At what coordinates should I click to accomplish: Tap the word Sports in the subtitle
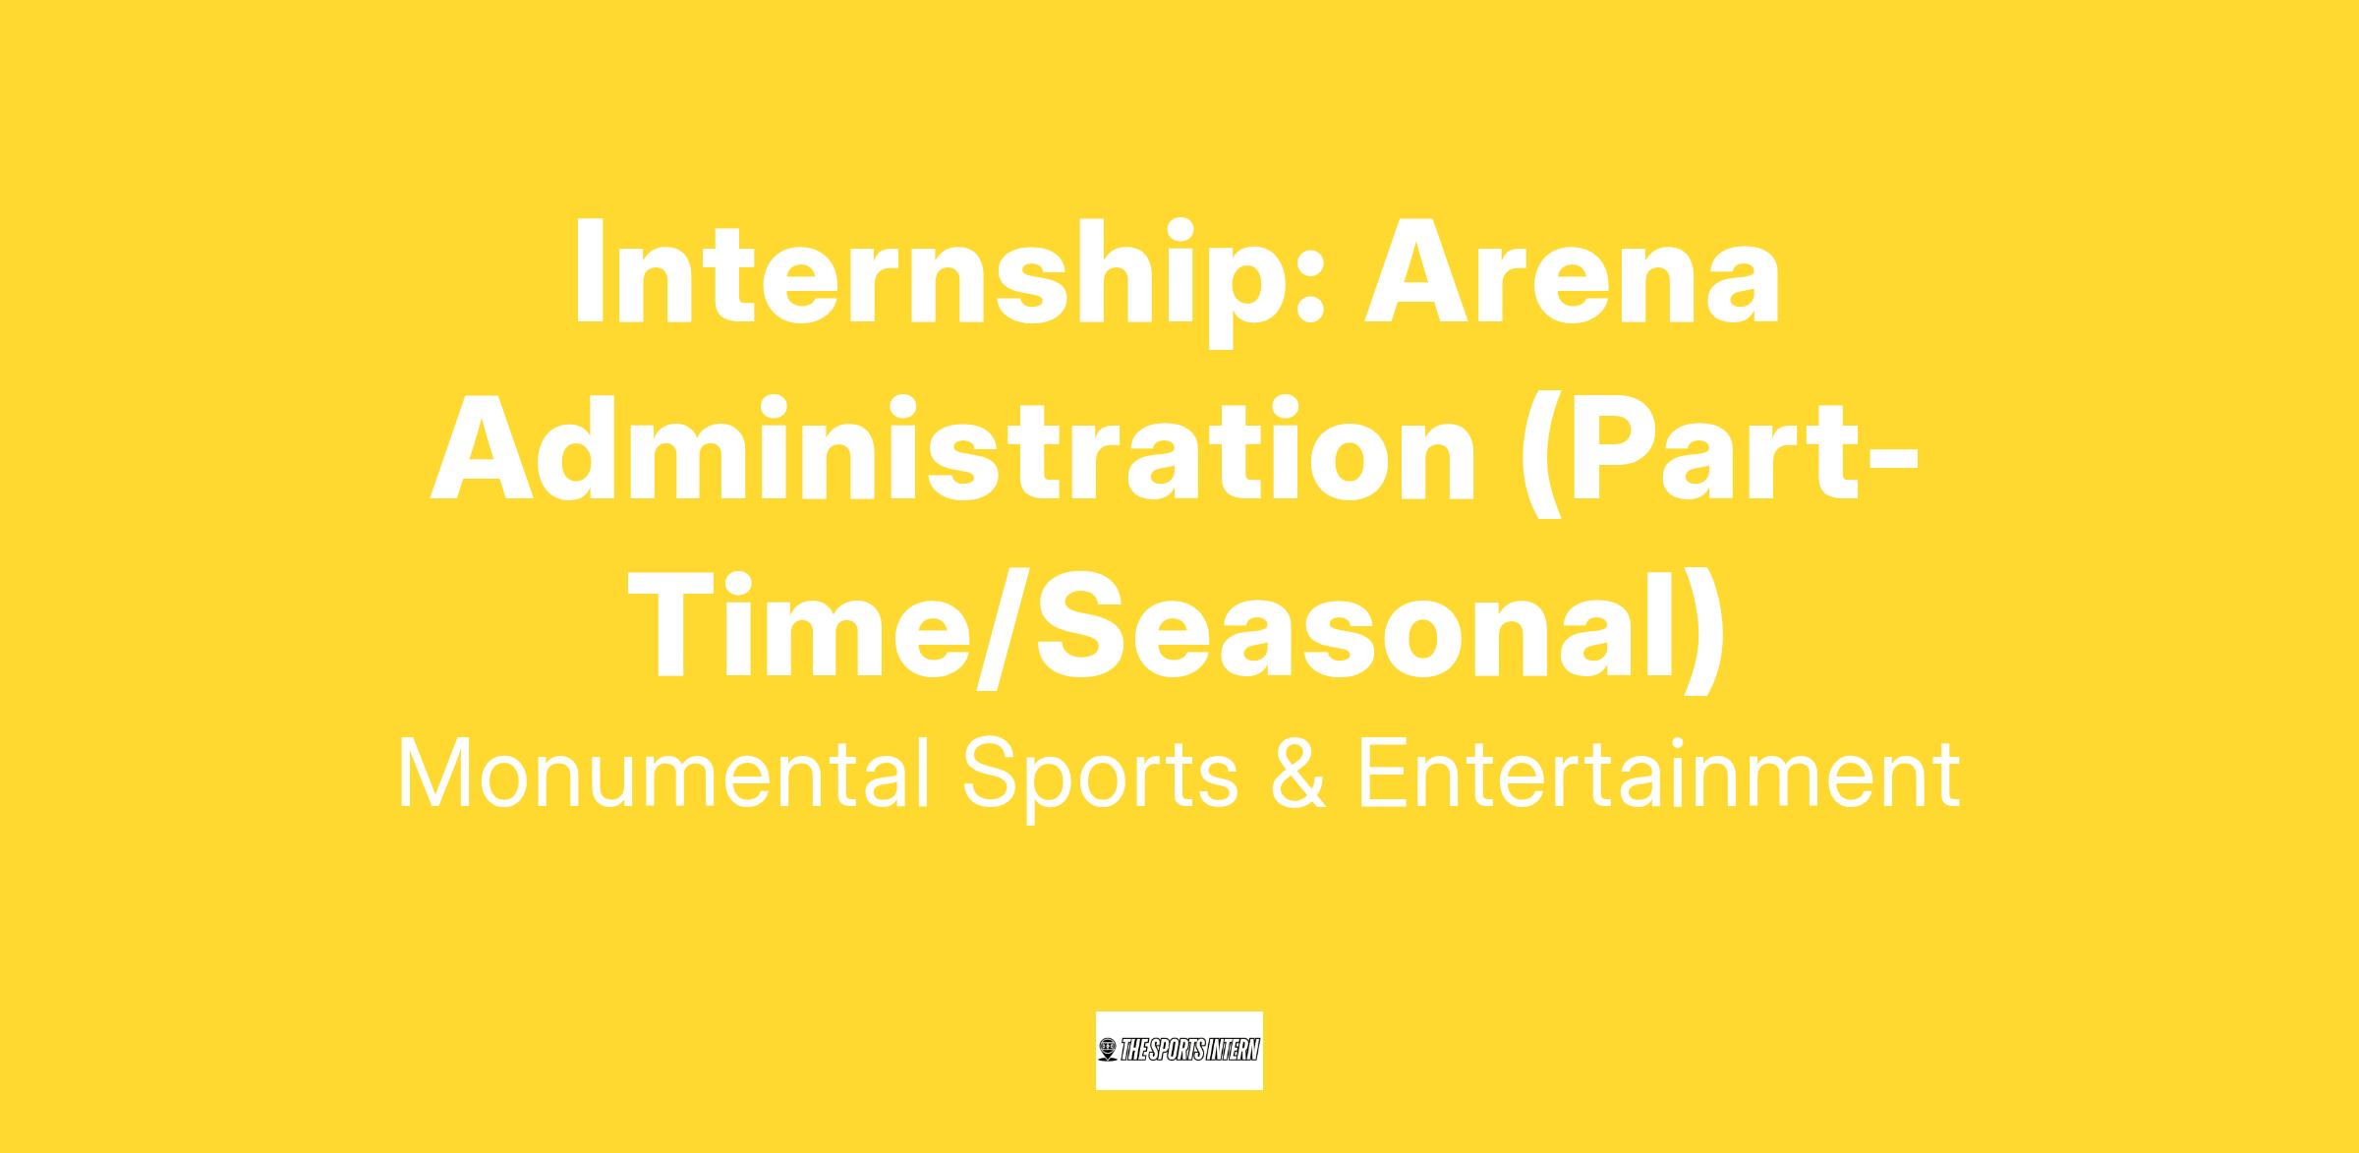click(x=1100, y=782)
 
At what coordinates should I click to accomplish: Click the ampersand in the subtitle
click(x=1297, y=776)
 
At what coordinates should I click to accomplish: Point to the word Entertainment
click(x=1658, y=776)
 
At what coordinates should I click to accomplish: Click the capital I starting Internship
click(x=588, y=272)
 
